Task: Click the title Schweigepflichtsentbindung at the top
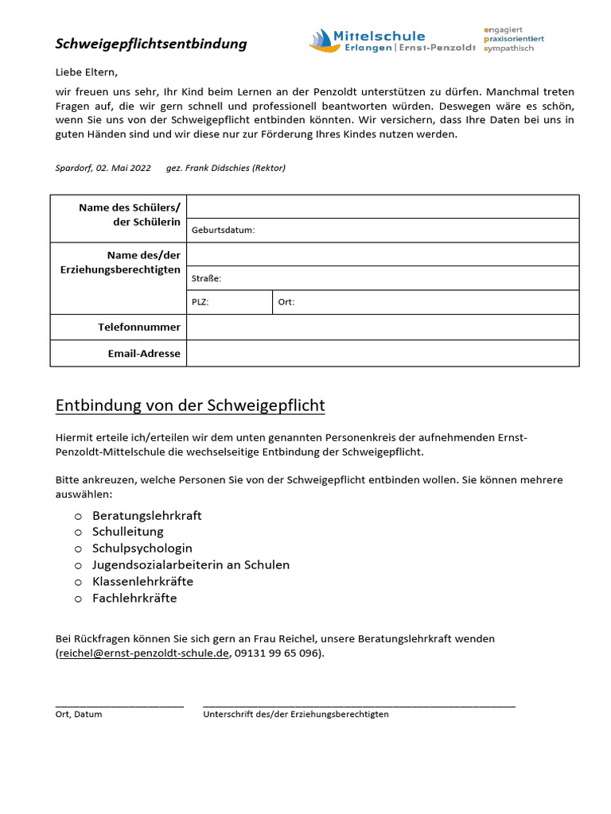(151, 44)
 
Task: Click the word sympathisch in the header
(509, 48)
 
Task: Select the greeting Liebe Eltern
(86, 72)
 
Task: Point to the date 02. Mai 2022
(123, 168)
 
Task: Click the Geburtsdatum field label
(224, 231)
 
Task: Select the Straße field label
(207, 279)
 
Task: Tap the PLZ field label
(200, 303)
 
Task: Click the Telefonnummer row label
(139, 328)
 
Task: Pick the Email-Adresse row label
(144, 354)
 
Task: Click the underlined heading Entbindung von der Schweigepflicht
(190, 406)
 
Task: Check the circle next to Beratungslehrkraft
(78, 516)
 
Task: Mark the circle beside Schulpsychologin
(78, 549)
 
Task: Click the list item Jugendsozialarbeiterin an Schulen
(191, 565)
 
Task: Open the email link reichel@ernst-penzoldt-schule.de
(144, 654)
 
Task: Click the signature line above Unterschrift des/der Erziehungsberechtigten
(359, 704)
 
